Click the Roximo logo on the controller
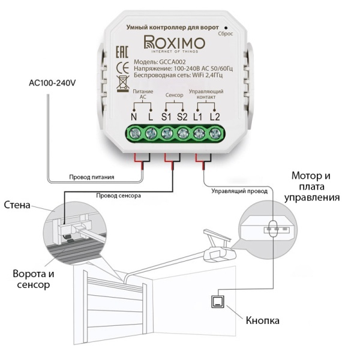[x=175, y=44]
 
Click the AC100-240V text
[x=52, y=83]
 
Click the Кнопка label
[x=262, y=321]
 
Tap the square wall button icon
[x=217, y=302]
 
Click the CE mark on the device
[x=122, y=66]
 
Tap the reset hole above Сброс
[x=226, y=27]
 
